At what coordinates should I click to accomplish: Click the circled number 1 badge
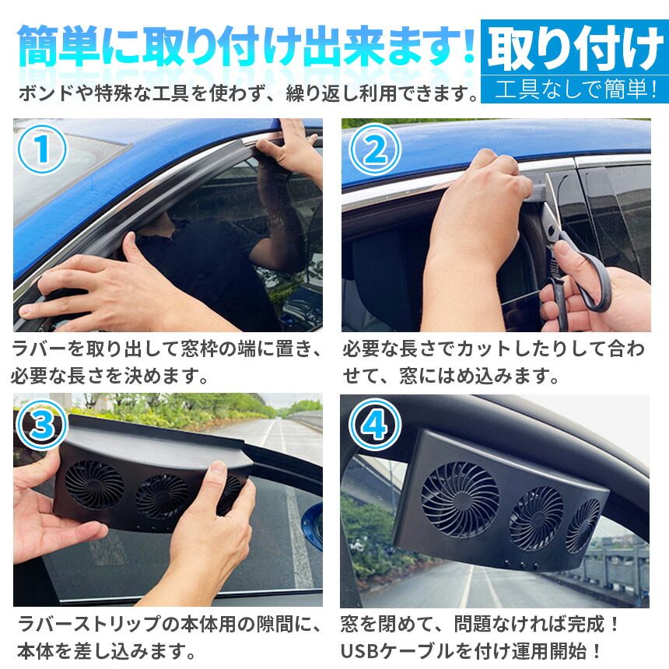tap(42, 149)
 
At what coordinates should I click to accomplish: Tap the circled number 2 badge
tap(375, 149)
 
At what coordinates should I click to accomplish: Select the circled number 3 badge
tap(42, 425)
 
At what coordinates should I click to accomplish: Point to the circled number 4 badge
tap(375, 425)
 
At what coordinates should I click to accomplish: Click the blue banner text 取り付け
tap(576, 47)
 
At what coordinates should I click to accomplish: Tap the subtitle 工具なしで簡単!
tap(576, 89)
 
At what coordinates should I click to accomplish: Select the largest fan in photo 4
tap(460, 499)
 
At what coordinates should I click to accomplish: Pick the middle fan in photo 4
tap(536, 518)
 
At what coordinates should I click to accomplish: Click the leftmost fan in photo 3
tap(94, 485)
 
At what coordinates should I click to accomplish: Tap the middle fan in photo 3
tap(162, 496)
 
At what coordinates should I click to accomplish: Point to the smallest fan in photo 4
tap(583, 527)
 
